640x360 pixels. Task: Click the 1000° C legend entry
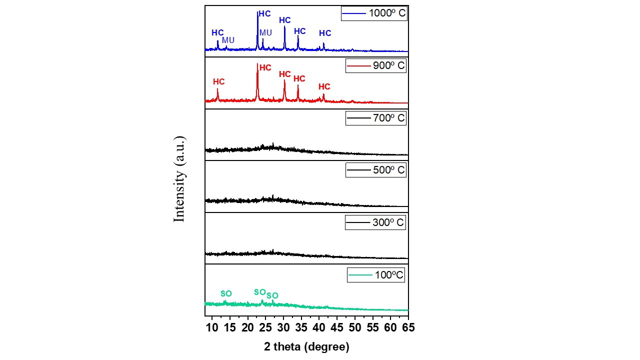pyautogui.click(x=374, y=13)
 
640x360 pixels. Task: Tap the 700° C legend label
pyautogui.click(x=375, y=118)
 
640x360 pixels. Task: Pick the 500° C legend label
pyautogui.click(x=375, y=170)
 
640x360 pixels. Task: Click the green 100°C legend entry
pyautogui.click(x=375, y=275)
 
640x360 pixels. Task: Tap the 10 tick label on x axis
pyautogui.click(x=212, y=327)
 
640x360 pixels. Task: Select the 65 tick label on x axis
pyautogui.click(x=408, y=327)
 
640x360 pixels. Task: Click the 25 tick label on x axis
pyautogui.click(x=265, y=327)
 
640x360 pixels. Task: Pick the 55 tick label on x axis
pyautogui.click(x=372, y=327)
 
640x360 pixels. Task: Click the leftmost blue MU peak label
pyautogui.click(x=228, y=40)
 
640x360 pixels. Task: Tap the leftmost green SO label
pyautogui.click(x=226, y=293)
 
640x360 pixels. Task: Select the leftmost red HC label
pyautogui.click(x=218, y=81)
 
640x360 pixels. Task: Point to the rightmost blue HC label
pyautogui.click(x=325, y=33)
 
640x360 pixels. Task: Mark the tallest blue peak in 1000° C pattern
pyautogui.click(x=257, y=13)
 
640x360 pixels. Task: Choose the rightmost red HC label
pyautogui.click(x=324, y=87)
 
